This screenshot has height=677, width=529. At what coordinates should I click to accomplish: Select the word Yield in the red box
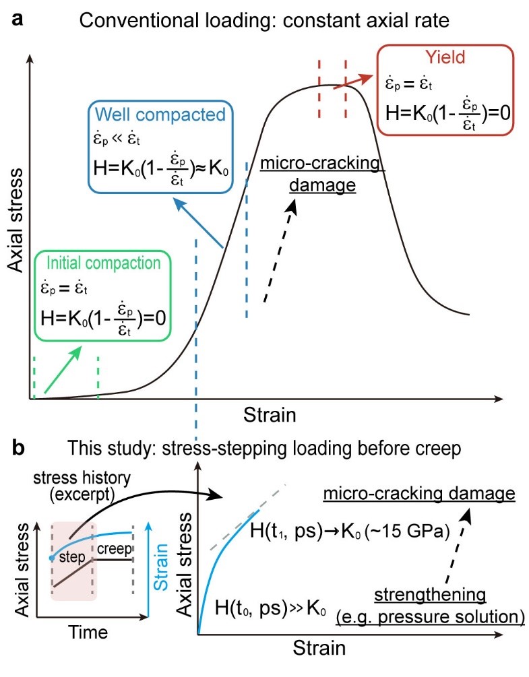point(441,59)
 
